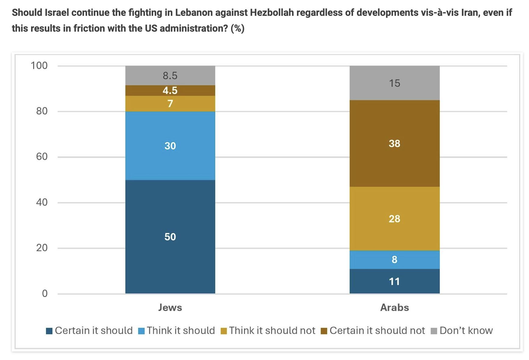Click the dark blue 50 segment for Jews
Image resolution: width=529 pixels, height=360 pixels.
(x=170, y=237)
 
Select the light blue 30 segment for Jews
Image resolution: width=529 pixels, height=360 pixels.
(x=170, y=146)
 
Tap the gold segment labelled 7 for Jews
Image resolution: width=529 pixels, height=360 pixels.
(x=170, y=104)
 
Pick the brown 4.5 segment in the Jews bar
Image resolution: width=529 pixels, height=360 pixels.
(x=170, y=90)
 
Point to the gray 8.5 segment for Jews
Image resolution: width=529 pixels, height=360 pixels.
(x=170, y=75)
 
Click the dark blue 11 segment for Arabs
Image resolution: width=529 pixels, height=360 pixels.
(x=394, y=281)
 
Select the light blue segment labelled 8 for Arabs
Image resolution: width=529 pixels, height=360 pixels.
(x=394, y=260)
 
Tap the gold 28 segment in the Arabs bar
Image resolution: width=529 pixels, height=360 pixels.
(x=394, y=218)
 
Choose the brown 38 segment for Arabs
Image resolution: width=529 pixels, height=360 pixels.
(x=394, y=143)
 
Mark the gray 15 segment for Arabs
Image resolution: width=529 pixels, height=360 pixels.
(x=394, y=83)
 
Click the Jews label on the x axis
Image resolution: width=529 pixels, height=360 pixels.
(x=170, y=308)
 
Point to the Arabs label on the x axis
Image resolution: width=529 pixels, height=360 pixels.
(x=394, y=308)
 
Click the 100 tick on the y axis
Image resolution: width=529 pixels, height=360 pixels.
(x=39, y=65)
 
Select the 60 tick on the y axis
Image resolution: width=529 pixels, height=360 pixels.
(x=42, y=157)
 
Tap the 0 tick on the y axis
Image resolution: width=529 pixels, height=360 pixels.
(x=45, y=293)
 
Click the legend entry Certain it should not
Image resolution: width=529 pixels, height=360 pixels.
(x=373, y=330)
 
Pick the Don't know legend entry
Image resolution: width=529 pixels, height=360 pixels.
(x=462, y=330)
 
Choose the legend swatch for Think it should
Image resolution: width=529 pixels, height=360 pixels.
(x=141, y=331)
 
